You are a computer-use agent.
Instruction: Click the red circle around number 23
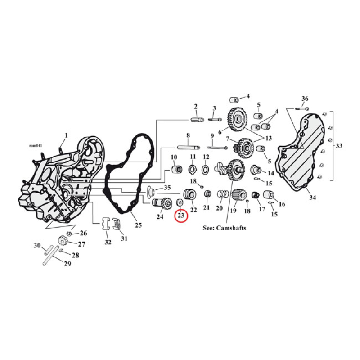click(181, 216)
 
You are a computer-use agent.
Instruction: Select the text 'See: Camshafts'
click(225, 228)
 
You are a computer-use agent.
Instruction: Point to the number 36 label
click(305, 99)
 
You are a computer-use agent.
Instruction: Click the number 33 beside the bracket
click(339, 145)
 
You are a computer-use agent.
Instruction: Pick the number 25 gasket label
click(138, 225)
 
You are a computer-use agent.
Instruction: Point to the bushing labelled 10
click(176, 170)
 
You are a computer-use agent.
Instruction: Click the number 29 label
click(67, 264)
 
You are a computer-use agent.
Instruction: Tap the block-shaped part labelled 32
click(106, 223)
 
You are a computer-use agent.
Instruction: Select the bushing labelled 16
click(269, 195)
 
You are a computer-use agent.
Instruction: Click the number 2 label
click(196, 107)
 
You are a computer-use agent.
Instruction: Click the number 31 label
click(124, 238)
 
